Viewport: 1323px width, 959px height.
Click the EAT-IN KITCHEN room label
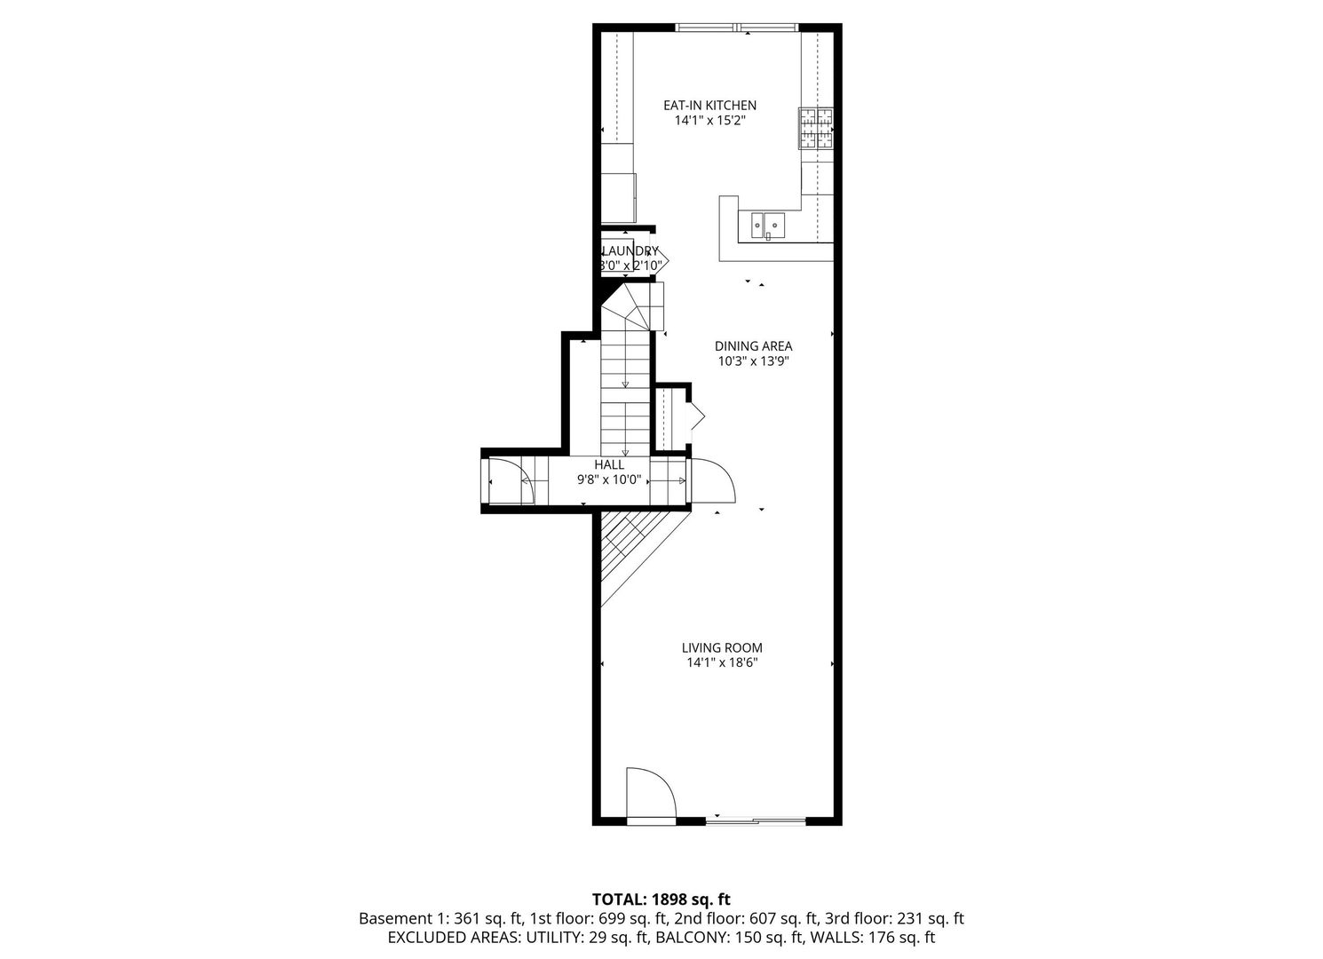pyautogui.click(x=709, y=105)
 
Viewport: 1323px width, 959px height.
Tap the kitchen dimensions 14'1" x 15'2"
pyautogui.click(x=709, y=121)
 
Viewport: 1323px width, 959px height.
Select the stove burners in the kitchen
pyautogui.click(x=816, y=128)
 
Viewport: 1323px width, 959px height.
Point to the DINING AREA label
pyautogui.click(x=753, y=346)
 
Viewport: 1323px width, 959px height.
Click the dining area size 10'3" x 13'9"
pyautogui.click(x=753, y=361)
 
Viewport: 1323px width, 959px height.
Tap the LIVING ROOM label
pyautogui.click(x=721, y=648)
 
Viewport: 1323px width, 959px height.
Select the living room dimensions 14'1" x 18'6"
pyautogui.click(x=721, y=663)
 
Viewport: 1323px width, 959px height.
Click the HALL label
pyautogui.click(x=609, y=464)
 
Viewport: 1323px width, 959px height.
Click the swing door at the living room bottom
pyautogui.click(x=650, y=795)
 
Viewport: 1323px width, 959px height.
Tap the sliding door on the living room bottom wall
pyautogui.click(x=755, y=820)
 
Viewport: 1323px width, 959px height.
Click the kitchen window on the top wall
pyautogui.click(x=737, y=28)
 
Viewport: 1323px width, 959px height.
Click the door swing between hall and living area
pyautogui.click(x=711, y=481)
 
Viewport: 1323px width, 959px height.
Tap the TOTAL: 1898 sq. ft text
pyautogui.click(x=661, y=900)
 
